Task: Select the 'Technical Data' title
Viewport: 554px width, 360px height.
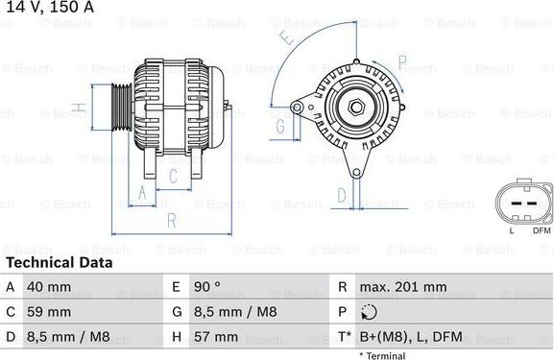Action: pyautogui.click(x=59, y=262)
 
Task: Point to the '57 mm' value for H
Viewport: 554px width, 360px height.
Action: pyautogui.click(x=217, y=337)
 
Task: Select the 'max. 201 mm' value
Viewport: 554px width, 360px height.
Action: pyautogui.click(x=402, y=287)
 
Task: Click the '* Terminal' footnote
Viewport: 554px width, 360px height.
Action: pyautogui.click(x=383, y=355)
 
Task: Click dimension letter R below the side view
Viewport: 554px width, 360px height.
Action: pyautogui.click(x=170, y=220)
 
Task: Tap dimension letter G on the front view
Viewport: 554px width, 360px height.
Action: pyautogui.click(x=280, y=126)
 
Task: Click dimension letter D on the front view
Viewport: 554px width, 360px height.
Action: pyautogui.click(x=341, y=195)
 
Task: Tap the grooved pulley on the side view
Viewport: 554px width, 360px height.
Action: pyautogui.click(x=122, y=105)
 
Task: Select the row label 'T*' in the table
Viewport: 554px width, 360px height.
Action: pyautogui.click(x=345, y=337)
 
